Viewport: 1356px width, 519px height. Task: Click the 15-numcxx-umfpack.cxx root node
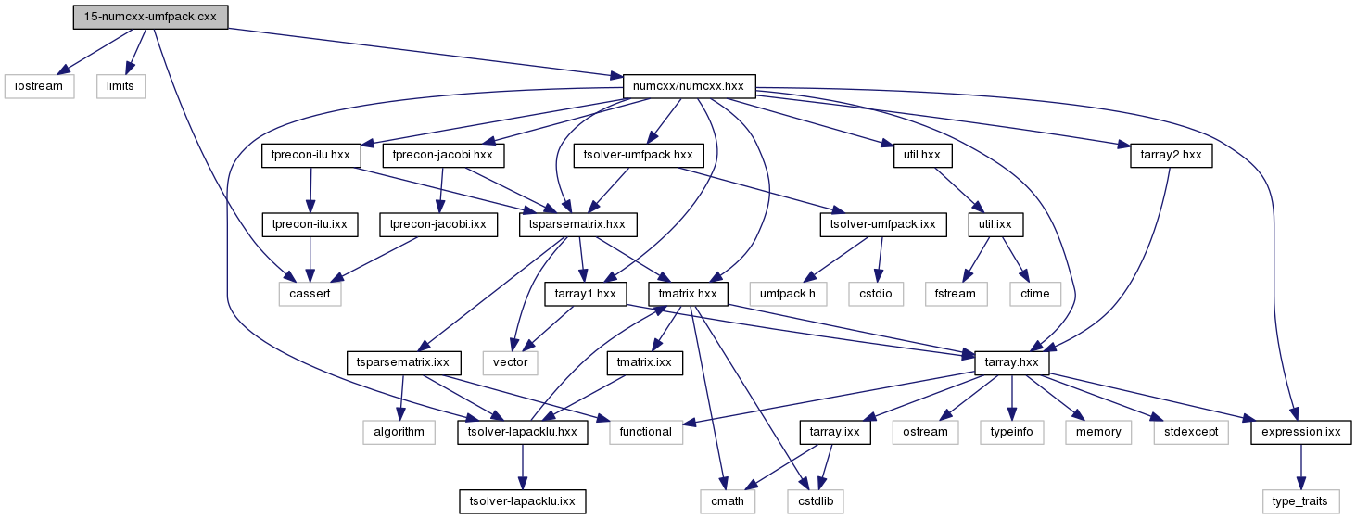tap(150, 17)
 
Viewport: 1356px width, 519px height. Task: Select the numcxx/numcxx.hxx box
tap(690, 86)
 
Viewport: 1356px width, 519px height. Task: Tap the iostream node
tap(39, 86)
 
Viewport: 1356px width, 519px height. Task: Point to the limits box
tap(120, 86)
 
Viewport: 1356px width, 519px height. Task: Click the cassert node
tap(310, 294)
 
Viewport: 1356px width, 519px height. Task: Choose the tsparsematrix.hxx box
tap(578, 224)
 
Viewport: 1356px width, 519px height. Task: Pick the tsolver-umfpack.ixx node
tap(883, 224)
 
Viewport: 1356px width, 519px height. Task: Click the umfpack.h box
tap(788, 294)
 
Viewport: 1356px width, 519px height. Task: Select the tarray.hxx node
tap(1011, 362)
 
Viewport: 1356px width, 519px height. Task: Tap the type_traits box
tap(1300, 501)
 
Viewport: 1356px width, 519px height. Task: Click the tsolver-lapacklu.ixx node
tap(523, 501)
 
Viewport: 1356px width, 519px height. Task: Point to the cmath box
tap(728, 501)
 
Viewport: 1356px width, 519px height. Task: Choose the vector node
tap(511, 362)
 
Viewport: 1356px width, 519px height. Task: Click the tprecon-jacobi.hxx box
tap(443, 156)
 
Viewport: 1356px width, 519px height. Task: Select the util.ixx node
tap(995, 224)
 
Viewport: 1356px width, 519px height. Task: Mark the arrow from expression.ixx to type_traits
tap(1300, 467)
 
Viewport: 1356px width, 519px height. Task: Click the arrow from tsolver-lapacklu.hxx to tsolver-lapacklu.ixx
tap(523, 467)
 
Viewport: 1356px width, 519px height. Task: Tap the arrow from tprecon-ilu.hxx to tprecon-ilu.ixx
tap(310, 190)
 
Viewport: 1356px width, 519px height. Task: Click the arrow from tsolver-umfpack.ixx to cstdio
tap(881, 259)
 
